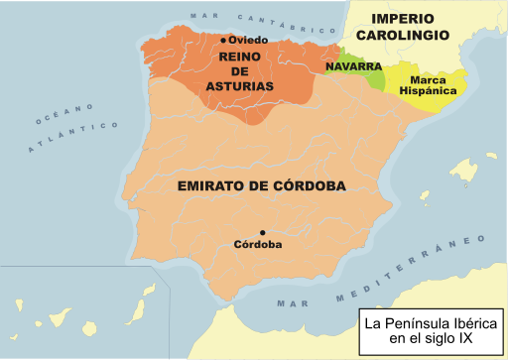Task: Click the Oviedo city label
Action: click(250, 40)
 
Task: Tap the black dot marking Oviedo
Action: click(225, 40)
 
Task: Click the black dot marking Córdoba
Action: click(262, 232)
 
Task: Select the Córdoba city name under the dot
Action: click(258, 245)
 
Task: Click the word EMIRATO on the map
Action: click(210, 185)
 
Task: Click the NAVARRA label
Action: click(354, 66)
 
